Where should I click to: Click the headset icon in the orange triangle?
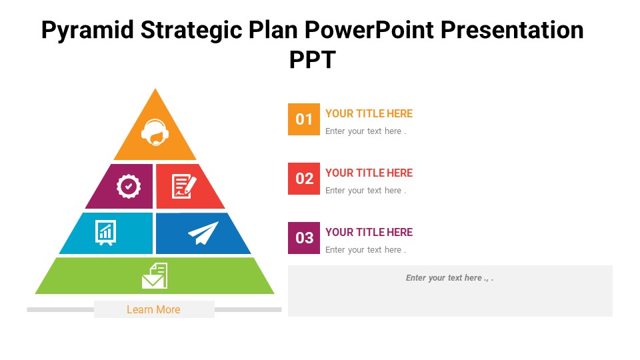[x=155, y=132]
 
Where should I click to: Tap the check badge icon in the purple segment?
[x=129, y=187]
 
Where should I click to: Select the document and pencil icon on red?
[x=184, y=187]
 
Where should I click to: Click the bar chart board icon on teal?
[x=106, y=233]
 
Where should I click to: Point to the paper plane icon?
[x=203, y=233]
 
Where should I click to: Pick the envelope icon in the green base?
[x=155, y=275]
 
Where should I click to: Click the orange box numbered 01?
[x=304, y=119]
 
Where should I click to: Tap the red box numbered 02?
[x=304, y=179]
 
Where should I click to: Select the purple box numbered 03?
[x=304, y=238]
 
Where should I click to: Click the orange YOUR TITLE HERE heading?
[x=369, y=113]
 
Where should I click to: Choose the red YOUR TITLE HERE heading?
[x=369, y=173]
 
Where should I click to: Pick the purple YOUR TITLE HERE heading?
[x=369, y=232]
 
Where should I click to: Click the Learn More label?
[x=153, y=309]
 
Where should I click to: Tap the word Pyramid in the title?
[x=88, y=31]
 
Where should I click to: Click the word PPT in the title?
[x=313, y=59]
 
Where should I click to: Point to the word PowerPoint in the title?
[x=369, y=30]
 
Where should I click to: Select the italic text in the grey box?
[x=449, y=278]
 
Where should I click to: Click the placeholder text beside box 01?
[x=365, y=131]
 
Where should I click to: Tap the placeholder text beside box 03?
[x=365, y=250]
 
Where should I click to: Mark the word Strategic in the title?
[x=191, y=31]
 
